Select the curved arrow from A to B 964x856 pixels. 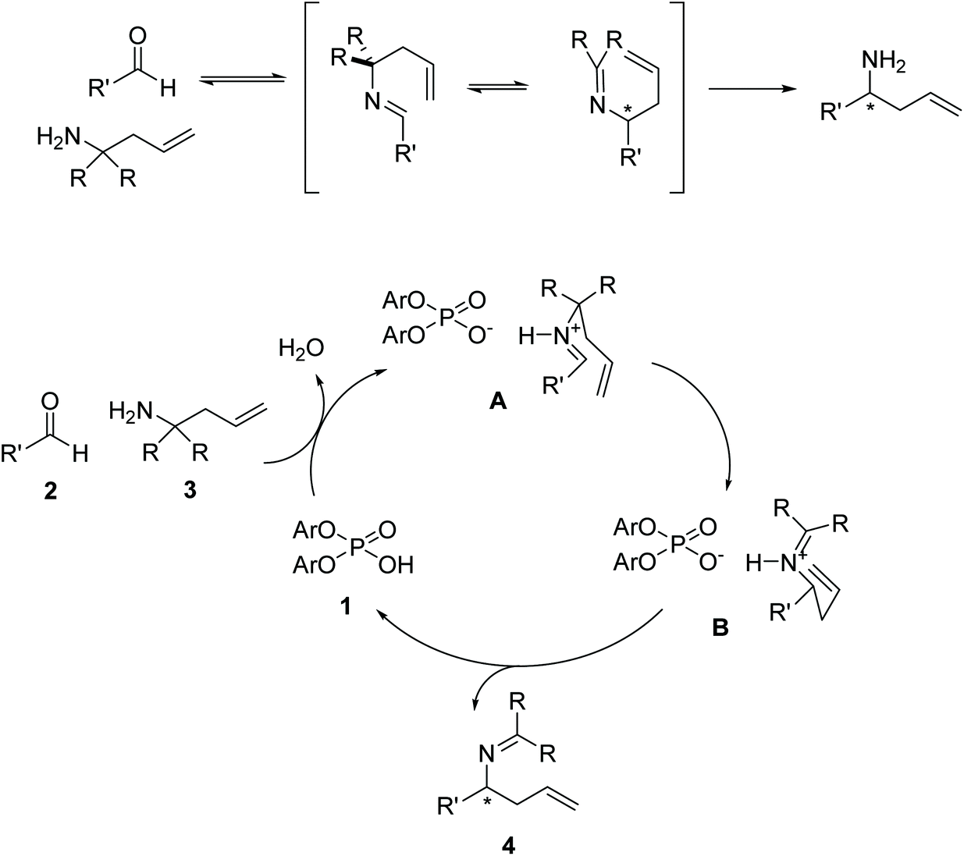coord(706,421)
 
